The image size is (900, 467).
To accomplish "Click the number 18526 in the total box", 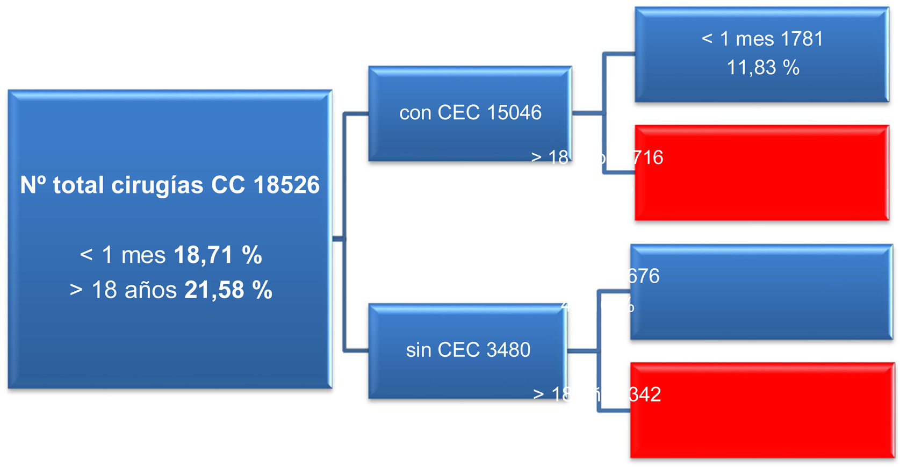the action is tap(286, 185).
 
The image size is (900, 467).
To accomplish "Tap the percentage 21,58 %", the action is tap(228, 290).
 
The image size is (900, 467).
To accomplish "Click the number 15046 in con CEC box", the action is tap(514, 113).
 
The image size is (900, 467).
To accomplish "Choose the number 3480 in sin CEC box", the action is tap(508, 350).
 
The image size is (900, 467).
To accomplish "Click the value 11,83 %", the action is tap(763, 68).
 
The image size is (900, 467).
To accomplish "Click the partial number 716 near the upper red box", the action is tap(648, 158).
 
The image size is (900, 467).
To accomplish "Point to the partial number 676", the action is tap(643, 276).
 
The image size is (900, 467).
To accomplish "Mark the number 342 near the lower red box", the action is tap(645, 395).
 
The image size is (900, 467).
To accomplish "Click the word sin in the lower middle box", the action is tap(419, 350).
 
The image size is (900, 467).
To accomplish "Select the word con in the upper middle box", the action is tap(415, 113).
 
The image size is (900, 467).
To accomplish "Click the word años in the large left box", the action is tap(150, 290).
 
